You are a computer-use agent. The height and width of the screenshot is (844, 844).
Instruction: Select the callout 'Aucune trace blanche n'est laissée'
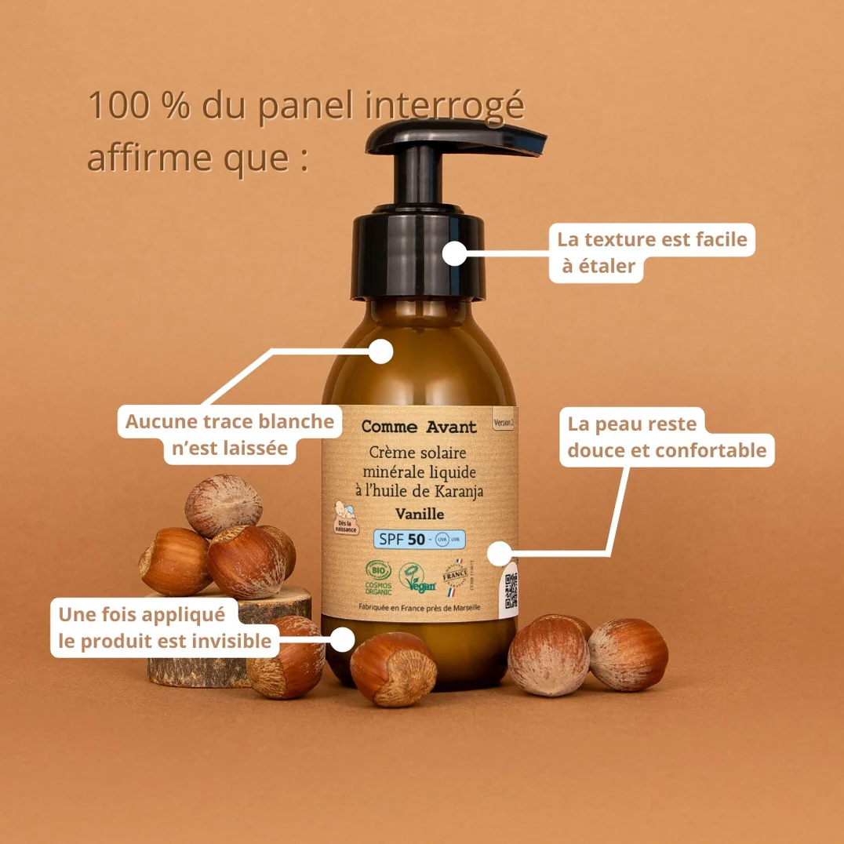click(230, 435)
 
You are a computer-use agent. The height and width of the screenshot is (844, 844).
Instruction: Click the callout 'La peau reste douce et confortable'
click(667, 437)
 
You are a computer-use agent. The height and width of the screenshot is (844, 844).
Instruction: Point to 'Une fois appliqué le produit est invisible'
click(165, 628)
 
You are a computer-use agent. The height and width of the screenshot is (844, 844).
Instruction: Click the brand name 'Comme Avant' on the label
click(419, 427)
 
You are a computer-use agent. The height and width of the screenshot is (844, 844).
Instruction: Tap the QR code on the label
click(511, 591)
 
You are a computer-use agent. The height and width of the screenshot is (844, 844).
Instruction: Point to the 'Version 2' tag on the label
click(504, 422)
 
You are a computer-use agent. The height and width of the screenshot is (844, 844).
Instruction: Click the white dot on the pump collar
click(454, 253)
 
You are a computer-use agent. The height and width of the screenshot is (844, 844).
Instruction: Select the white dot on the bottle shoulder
click(380, 351)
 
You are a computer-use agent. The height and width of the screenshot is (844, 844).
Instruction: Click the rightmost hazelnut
click(628, 654)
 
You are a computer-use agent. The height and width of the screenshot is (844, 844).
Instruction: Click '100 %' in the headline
click(138, 106)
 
